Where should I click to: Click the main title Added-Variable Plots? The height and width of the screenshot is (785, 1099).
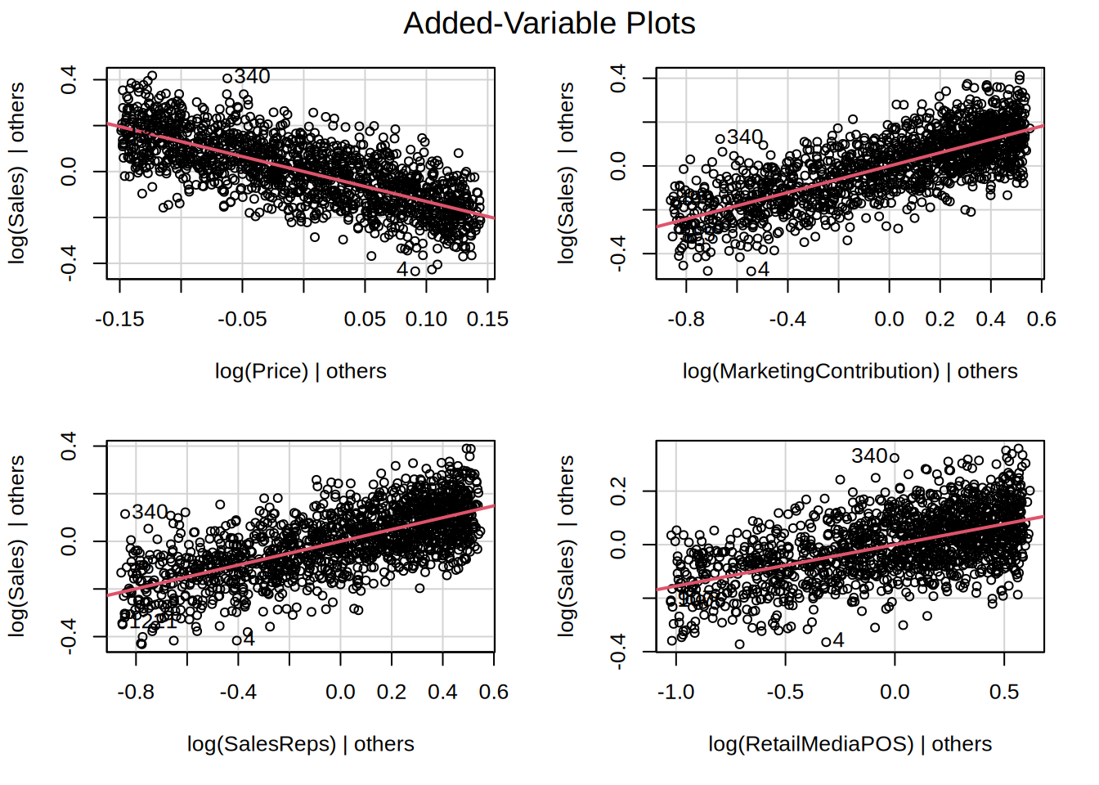pos(549,23)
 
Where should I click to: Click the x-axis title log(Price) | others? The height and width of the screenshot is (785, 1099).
pos(300,371)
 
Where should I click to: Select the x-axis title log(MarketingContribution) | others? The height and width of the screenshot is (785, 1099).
pos(850,371)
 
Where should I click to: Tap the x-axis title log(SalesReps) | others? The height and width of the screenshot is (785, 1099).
pos(300,744)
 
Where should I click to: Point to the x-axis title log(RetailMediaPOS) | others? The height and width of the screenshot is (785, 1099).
pos(850,744)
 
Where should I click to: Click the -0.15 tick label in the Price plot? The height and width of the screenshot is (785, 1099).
pos(119,320)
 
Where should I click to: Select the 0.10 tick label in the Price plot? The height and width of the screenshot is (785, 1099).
pos(426,320)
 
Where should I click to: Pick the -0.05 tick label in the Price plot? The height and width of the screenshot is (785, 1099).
pos(242,320)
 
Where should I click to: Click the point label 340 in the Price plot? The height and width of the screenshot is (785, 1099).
pos(252,77)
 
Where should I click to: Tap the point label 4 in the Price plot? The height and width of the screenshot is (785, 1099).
pos(402,269)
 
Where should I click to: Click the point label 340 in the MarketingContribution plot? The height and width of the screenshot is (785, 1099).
pos(744,137)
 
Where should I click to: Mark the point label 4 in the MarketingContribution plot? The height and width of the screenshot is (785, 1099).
pos(764,269)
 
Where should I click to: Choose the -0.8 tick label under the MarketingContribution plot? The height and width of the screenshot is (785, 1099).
pos(685,320)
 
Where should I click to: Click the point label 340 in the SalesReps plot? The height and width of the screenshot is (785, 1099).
pos(150,512)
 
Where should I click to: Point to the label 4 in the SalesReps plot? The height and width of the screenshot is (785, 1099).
pos(249,639)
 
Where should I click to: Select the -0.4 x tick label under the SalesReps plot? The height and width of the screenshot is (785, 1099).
pos(238,693)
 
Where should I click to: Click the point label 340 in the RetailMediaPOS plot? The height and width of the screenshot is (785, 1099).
pos(869,456)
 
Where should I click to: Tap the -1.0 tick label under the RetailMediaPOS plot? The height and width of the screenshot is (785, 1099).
pos(675,693)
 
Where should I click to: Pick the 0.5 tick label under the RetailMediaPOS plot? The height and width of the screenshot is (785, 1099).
pos(1004,693)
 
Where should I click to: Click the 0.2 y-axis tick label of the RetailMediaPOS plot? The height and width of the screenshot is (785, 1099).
pos(619,491)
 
